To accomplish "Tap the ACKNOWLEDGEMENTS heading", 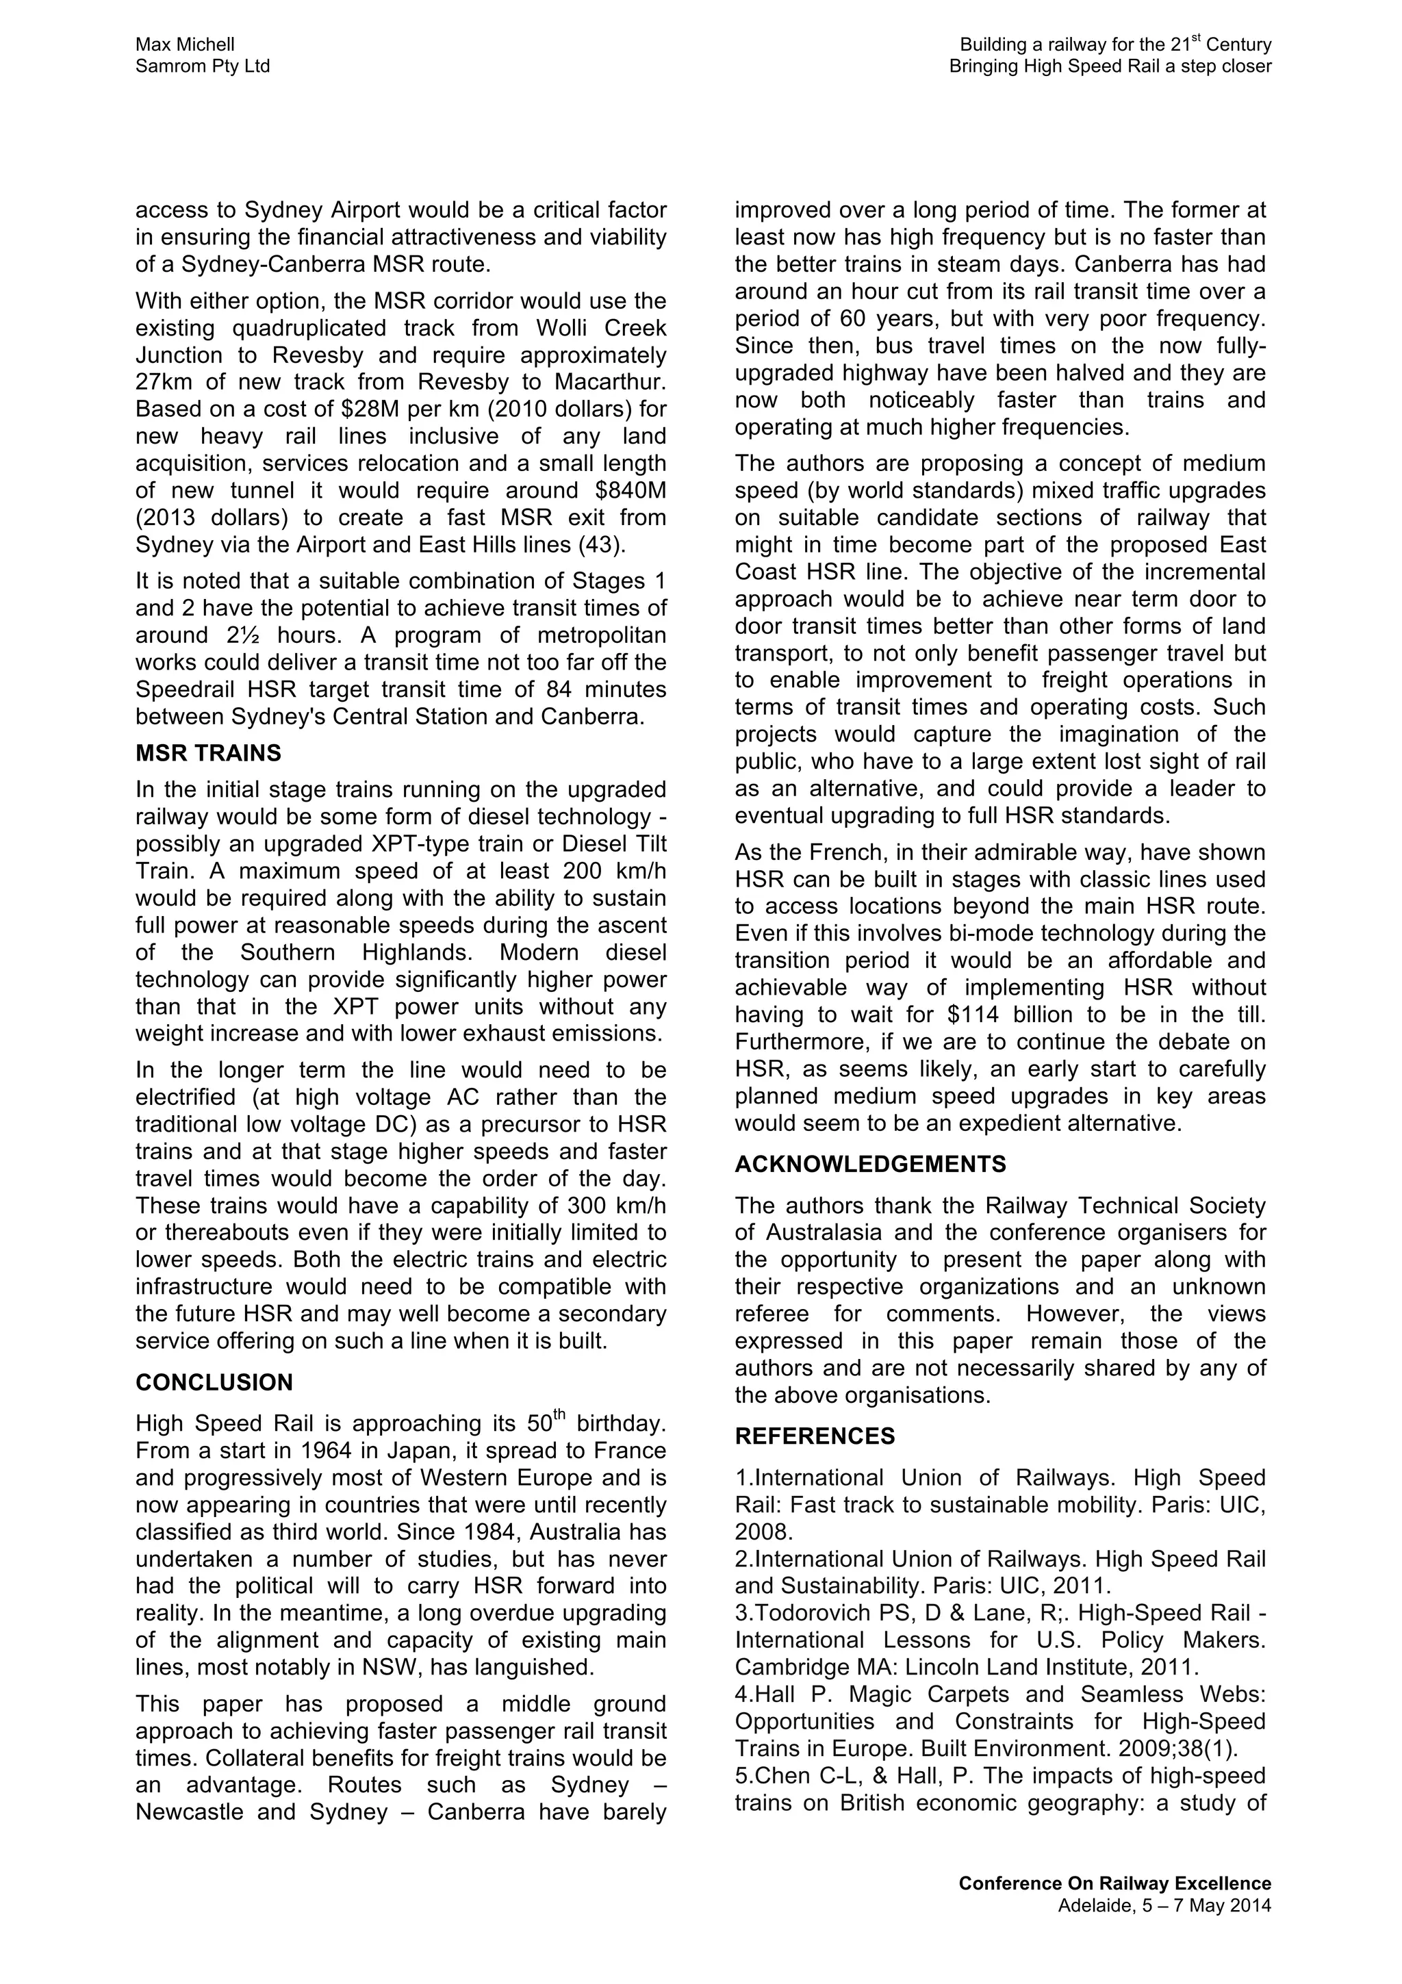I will (870, 1164).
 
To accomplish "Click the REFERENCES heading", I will (815, 1436).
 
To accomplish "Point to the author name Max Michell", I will (185, 44).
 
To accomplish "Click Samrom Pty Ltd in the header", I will (202, 66).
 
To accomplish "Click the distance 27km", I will (162, 382).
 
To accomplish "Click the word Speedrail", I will (183, 689).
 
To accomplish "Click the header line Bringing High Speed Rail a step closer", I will (1109, 66).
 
